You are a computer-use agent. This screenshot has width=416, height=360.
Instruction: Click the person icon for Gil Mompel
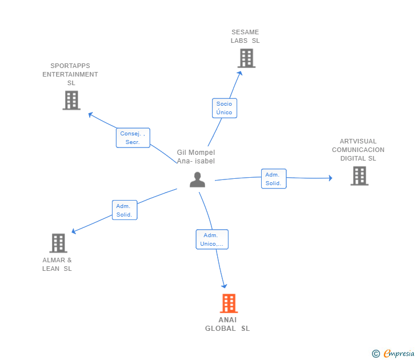point(197,179)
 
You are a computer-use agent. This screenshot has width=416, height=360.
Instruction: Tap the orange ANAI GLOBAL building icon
point(229,303)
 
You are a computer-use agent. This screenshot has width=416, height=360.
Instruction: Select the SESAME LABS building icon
point(246,58)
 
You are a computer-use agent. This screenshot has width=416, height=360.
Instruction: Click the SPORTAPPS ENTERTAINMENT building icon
point(71,100)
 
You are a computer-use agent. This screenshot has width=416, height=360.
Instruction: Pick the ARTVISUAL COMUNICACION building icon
point(359,175)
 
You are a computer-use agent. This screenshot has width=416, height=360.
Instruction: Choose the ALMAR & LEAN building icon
point(58,243)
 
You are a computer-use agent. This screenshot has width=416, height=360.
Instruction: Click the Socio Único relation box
point(225,108)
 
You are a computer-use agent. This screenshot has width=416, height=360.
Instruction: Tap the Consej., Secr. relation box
point(133,138)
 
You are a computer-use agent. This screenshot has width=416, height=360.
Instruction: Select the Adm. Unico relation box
point(212,239)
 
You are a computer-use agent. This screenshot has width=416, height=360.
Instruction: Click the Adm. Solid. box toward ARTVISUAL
point(274,178)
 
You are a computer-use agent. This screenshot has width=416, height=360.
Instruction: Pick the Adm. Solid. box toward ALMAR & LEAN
point(125,210)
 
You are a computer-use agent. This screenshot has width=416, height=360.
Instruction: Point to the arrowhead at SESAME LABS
point(240,73)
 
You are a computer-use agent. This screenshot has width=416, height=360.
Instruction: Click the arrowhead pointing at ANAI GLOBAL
point(224,286)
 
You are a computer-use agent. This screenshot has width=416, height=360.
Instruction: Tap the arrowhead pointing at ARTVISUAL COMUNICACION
point(330,178)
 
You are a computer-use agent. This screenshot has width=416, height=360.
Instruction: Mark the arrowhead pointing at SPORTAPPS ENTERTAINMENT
point(90,115)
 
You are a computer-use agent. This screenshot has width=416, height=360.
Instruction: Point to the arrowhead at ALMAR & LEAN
point(74,231)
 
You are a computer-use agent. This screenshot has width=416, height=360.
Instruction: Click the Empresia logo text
point(399,354)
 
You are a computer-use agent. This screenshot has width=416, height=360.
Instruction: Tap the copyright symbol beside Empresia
point(375,354)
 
